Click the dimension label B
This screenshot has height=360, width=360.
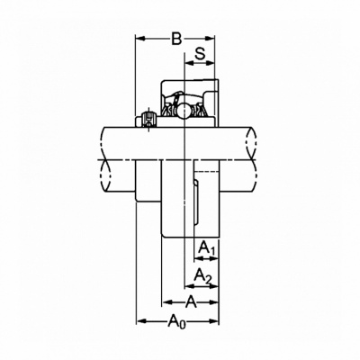176,39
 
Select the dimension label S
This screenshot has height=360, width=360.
200,54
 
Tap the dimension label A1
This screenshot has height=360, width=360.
207,248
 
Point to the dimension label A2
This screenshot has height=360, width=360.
202,275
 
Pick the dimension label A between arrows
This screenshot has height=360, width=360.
191,301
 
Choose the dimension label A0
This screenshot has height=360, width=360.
176,321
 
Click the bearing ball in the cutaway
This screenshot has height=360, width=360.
184,111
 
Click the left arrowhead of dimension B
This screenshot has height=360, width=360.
140,39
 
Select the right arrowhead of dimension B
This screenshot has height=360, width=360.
210,39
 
